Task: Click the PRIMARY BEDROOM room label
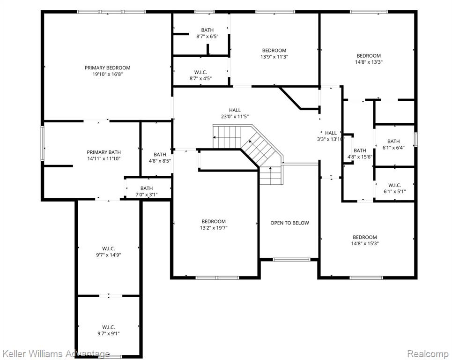(107, 68)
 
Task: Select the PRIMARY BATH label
(104, 152)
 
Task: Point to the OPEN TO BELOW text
(289, 223)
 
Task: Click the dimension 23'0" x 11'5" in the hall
(235, 117)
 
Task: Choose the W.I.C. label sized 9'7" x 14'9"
(108, 248)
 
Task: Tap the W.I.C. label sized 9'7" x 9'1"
(108, 327)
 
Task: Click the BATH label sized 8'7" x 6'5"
(207, 30)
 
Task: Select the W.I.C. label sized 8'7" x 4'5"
(200, 72)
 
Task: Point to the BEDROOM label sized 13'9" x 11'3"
(274, 51)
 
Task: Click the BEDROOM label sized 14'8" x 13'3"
(369, 56)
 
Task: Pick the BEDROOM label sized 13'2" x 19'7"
(213, 222)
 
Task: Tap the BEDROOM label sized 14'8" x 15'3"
(365, 237)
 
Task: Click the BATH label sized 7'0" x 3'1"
(147, 188)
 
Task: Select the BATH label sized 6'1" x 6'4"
(393, 142)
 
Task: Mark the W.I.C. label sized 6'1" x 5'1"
(394, 185)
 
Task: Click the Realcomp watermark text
(428, 353)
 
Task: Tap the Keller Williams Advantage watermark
(56, 353)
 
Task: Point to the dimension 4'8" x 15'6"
(360, 157)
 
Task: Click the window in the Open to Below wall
(291, 259)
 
